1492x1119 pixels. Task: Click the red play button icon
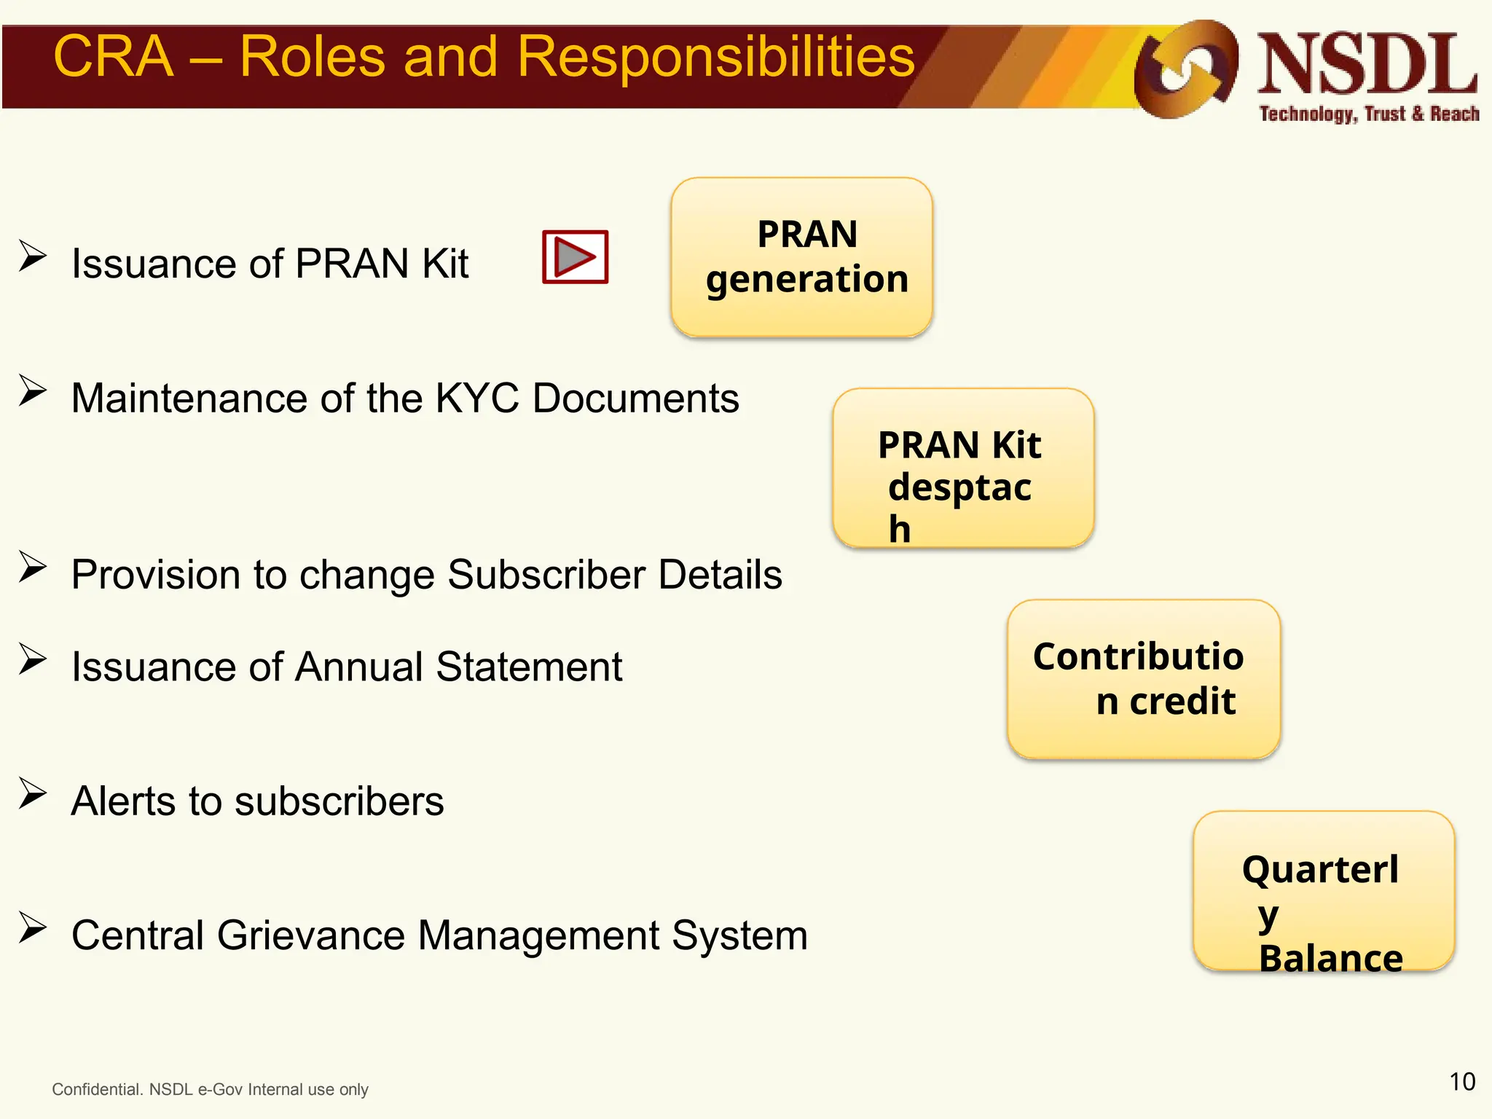(575, 257)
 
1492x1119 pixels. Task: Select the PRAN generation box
(801, 256)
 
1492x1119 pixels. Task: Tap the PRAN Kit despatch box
(963, 468)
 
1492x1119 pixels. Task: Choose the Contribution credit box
(1143, 679)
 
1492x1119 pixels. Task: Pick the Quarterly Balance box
(1323, 891)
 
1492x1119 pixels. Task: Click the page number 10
(1461, 1082)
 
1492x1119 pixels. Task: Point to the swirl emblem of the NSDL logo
(1185, 69)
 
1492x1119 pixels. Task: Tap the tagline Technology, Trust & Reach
(1369, 114)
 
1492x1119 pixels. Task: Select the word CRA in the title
(114, 57)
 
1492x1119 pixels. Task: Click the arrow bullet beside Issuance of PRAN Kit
(33, 256)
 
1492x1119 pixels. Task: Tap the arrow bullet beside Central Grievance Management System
(33, 928)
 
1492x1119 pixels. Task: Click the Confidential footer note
(210, 1089)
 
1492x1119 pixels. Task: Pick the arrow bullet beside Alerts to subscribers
(33, 794)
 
